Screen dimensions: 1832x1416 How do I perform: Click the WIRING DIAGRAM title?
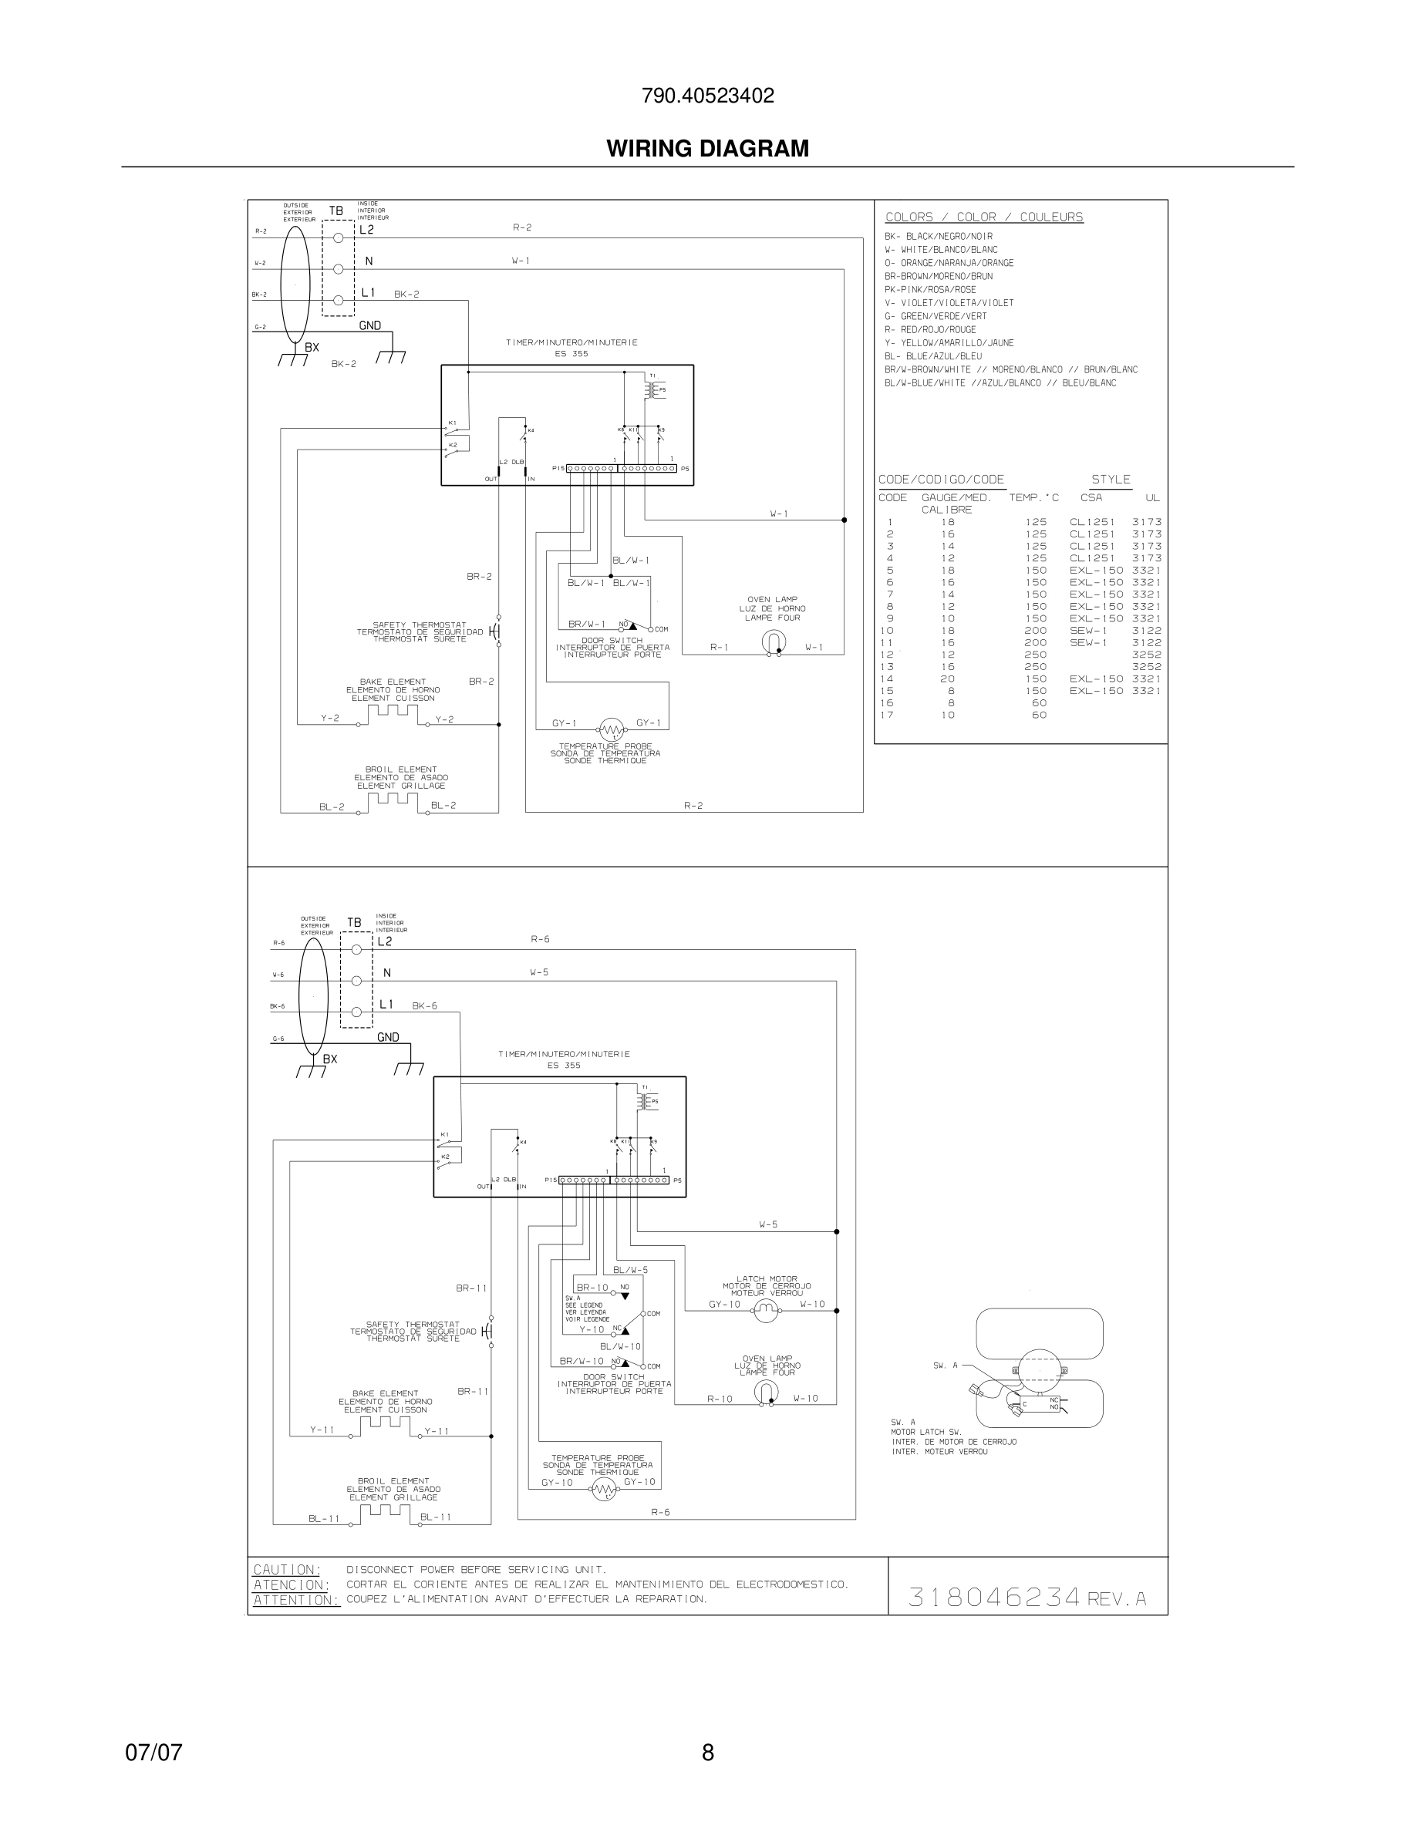pyautogui.click(x=707, y=149)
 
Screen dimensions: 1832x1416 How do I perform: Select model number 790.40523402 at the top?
pyautogui.click(x=707, y=96)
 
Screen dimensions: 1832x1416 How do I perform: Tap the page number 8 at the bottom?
pyautogui.click(x=707, y=1753)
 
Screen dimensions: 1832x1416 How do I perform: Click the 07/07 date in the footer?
pyautogui.click(x=153, y=1753)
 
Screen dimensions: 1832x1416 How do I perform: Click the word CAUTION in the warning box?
pyautogui.click(x=287, y=1569)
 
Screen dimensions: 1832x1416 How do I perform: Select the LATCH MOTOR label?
pyautogui.click(x=767, y=1279)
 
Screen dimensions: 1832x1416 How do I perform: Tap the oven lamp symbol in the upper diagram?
pyautogui.click(x=773, y=642)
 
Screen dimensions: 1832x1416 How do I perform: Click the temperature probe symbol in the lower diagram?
pyautogui.click(x=604, y=1490)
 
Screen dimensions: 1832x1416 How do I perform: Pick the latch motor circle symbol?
pyautogui.click(x=765, y=1310)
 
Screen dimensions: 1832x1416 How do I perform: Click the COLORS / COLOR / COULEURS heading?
pyautogui.click(x=984, y=217)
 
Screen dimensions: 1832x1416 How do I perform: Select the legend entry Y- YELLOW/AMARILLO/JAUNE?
pyautogui.click(x=949, y=343)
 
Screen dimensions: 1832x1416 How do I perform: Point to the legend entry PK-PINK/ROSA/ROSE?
pyautogui.click(x=929, y=289)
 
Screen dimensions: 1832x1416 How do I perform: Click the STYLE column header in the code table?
pyautogui.click(x=1111, y=480)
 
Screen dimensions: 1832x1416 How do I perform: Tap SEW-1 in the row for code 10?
pyautogui.click(x=1088, y=631)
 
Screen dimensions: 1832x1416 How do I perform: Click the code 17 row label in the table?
pyautogui.click(x=887, y=716)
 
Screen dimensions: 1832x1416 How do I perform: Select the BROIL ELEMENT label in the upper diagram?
pyautogui.click(x=401, y=770)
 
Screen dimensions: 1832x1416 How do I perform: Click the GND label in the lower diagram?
pyautogui.click(x=388, y=1038)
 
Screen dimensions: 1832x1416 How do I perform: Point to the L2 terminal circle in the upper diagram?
pyautogui.click(x=338, y=238)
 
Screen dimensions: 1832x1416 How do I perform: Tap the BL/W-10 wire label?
pyautogui.click(x=620, y=1347)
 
